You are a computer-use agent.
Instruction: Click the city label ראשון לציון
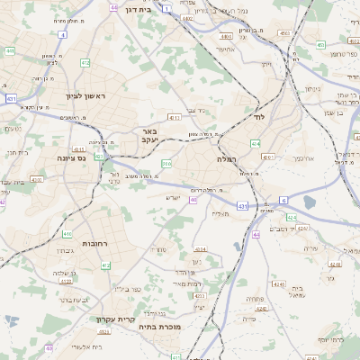point(85,95)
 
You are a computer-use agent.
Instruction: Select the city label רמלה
point(225,158)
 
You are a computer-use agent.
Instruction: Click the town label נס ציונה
point(94,157)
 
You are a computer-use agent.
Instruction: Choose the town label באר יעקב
point(149,135)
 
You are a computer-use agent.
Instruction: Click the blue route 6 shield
point(282,200)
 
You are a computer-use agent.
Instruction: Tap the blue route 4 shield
point(63,35)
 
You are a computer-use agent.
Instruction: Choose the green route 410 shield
point(67,234)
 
